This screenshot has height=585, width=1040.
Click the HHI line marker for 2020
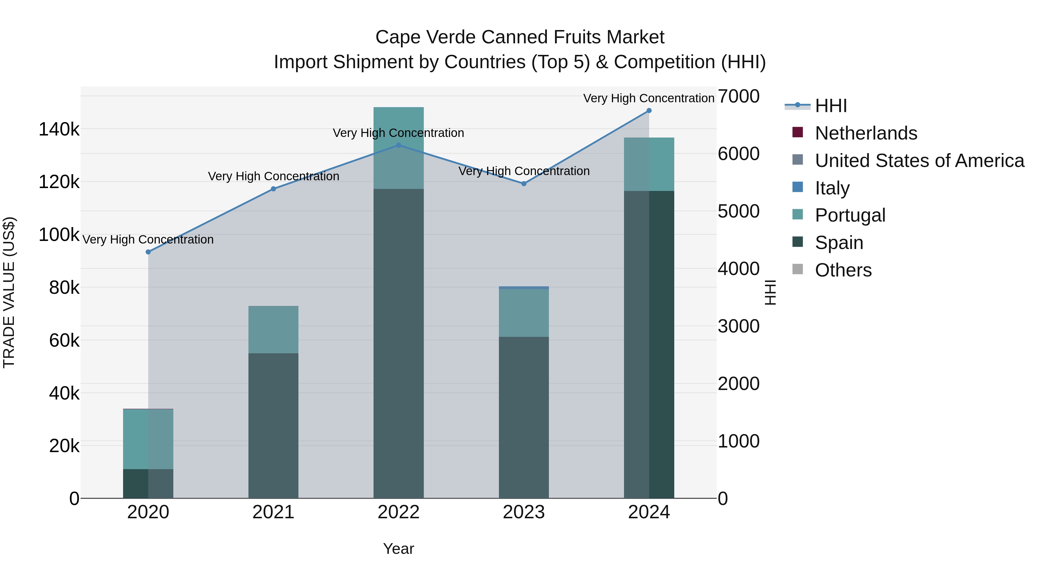148,252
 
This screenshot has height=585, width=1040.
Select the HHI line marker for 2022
398,145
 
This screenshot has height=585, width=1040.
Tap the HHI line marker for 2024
649,111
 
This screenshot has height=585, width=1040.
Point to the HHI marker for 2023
524,184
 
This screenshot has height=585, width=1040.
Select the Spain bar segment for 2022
398,343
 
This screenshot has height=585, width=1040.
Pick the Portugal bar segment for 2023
524,313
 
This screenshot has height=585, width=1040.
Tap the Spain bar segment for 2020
148,483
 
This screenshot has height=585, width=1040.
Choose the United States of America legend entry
919,161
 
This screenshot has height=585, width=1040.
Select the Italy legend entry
832,188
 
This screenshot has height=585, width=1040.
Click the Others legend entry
843,270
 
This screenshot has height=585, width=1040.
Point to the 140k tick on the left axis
59,130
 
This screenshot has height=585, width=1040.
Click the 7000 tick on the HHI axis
738,96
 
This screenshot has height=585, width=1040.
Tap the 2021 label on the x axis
273,512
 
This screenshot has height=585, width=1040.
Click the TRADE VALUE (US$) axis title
9,292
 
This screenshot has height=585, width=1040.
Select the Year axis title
398,549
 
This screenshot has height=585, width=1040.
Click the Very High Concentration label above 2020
148,239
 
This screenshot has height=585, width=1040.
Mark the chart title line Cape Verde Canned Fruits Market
520,37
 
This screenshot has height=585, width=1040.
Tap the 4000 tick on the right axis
738,269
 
